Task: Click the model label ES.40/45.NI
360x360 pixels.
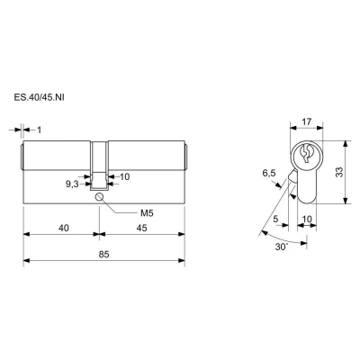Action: pos(39,98)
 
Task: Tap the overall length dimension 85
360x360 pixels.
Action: pos(104,255)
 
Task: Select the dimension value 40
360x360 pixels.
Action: pos(64,228)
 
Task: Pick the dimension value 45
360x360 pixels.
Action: pos(141,228)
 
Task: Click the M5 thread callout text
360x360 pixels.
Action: pos(147,213)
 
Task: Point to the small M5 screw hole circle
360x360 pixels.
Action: pos(99,197)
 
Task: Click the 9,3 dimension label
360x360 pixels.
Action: pos(72,184)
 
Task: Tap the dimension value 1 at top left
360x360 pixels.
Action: pos(39,130)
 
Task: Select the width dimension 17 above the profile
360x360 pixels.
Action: pos(307,121)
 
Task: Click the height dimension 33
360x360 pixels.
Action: pos(339,172)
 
